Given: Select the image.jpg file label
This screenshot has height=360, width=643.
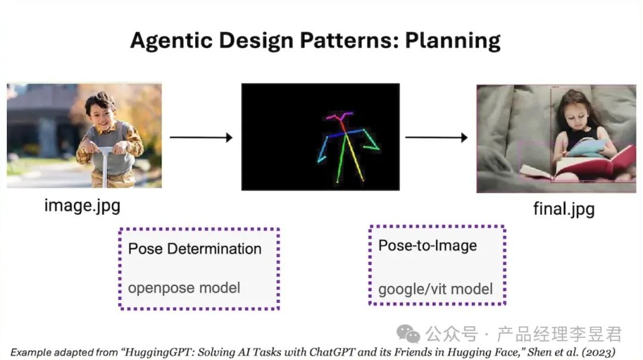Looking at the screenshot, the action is point(82,206).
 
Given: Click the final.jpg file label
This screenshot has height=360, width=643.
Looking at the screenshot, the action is point(563,209).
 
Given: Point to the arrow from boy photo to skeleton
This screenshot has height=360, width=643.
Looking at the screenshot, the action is point(201,137).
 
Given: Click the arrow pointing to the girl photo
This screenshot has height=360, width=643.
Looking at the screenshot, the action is point(436,137).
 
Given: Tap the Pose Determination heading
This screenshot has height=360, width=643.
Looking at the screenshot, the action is point(195,248).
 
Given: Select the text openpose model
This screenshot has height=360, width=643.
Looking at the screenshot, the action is point(184,288).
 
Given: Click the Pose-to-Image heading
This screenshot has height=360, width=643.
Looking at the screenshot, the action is point(427,246).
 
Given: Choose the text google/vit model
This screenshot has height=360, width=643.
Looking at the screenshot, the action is point(435,290).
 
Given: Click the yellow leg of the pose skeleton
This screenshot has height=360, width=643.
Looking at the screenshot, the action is point(355,158).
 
